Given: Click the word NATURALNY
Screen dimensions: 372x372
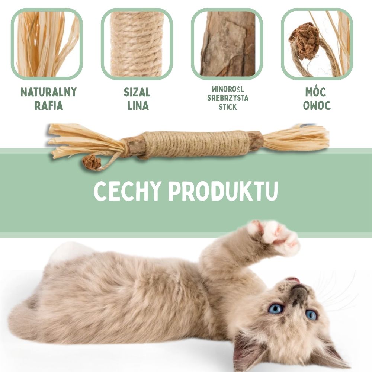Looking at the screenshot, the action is pyautogui.click(x=49, y=92).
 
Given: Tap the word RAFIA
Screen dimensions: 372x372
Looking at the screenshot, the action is pyautogui.click(x=49, y=106).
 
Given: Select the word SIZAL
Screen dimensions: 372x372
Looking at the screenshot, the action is pyautogui.click(x=137, y=92).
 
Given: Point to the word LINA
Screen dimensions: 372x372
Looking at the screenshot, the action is pyautogui.click(x=138, y=106).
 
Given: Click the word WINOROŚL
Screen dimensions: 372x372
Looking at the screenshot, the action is pyautogui.click(x=228, y=89).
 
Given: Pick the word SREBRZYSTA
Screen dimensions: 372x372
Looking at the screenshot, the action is pyautogui.click(x=228, y=98).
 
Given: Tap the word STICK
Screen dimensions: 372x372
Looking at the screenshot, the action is pyautogui.click(x=228, y=107).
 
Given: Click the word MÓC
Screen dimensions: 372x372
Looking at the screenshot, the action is pyautogui.click(x=315, y=92).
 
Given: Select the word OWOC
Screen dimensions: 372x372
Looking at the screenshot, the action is pyautogui.click(x=317, y=106).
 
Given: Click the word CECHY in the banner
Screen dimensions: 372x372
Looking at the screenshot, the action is pyautogui.click(x=127, y=191).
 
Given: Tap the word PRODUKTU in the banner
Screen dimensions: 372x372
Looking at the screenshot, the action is pyautogui.click(x=223, y=191).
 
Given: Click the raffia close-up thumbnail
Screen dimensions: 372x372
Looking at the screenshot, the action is pyautogui.click(x=47, y=44).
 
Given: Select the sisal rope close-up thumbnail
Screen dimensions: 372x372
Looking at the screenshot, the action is pyautogui.click(x=137, y=44).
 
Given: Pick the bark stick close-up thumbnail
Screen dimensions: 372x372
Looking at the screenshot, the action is pyautogui.click(x=227, y=44).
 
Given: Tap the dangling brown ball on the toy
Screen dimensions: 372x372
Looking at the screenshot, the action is pyautogui.click(x=92, y=162).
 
